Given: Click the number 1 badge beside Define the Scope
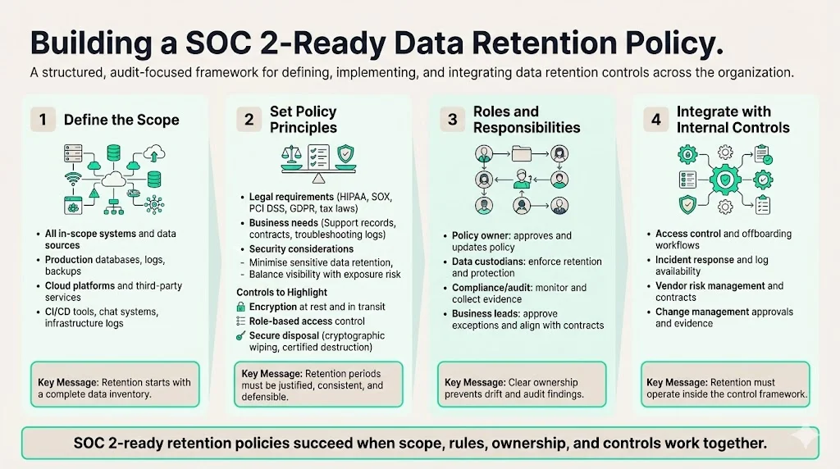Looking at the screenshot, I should pos(43,120).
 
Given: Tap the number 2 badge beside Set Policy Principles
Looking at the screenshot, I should pos(248,120).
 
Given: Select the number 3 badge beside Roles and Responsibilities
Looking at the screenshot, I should pos(451,120).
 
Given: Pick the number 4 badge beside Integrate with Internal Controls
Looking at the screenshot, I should pos(655,120).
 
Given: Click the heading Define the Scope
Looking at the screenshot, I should pos(121,120).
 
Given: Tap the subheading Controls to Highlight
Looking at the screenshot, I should pos(281,292).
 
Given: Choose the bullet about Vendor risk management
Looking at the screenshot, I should pos(719,286).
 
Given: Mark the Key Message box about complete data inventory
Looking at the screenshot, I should pos(115,384).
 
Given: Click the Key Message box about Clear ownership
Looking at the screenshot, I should pos(521,384).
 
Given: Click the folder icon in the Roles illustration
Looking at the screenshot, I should pos(521,153).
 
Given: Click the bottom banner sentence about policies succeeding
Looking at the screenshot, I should pos(420,443).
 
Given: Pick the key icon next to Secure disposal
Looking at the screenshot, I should pos(240,336).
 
